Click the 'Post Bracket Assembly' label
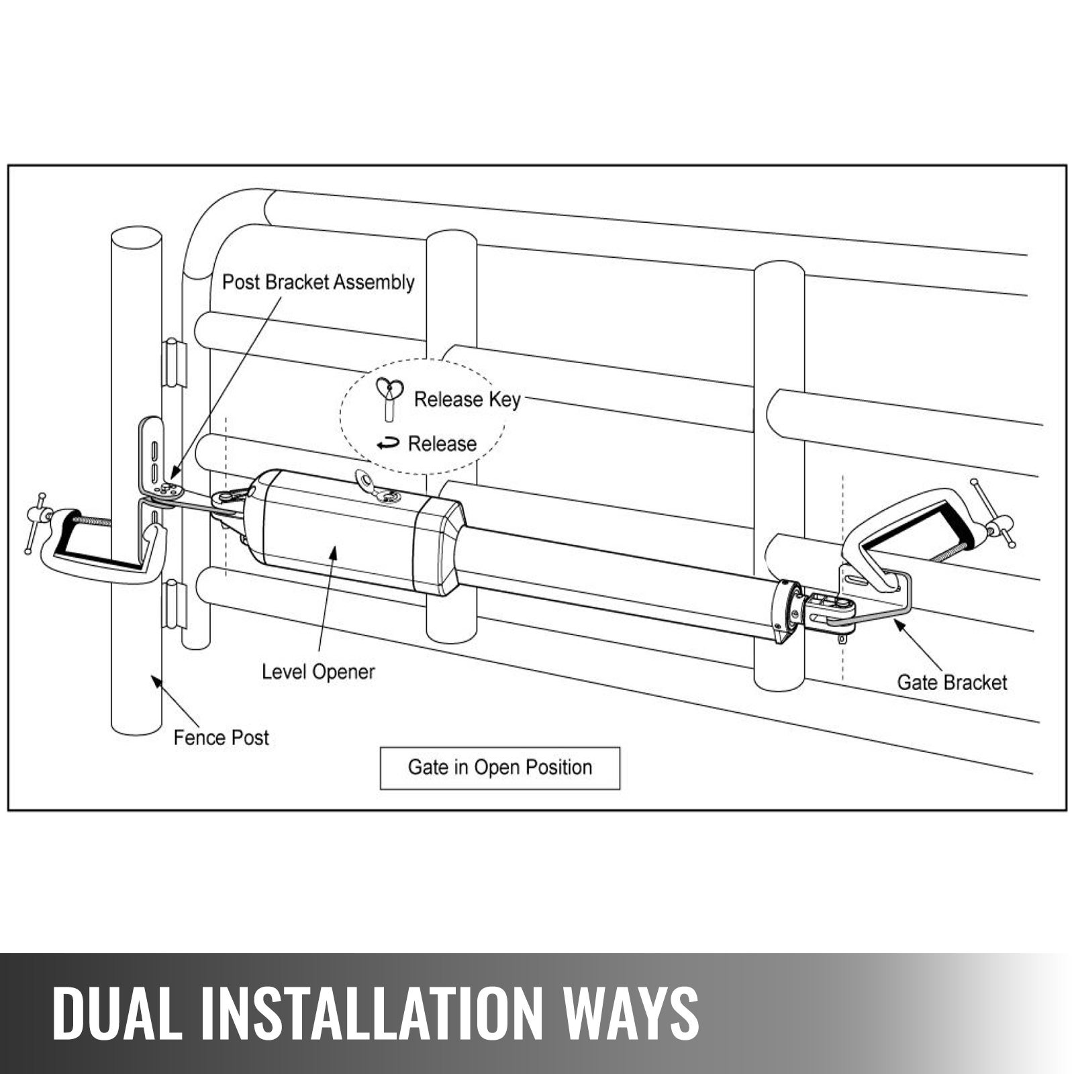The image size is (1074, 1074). [x=318, y=282]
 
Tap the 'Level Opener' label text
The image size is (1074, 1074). [x=318, y=671]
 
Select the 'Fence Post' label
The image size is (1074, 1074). [x=221, y=738]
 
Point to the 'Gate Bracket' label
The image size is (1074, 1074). [x=952, y=683]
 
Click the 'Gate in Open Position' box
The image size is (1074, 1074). [x=499, y=767]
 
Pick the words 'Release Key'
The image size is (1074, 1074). [x=467, y=399]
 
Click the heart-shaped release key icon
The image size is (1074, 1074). [x=389, y=389]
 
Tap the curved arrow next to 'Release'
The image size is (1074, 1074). [x=388, y=444]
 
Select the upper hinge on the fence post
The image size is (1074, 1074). [x=174, y=363]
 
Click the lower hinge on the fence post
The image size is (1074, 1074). [x=174, y=604]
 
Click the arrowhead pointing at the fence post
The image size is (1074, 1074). [x=156, y=682]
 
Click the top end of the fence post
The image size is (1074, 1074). [x=136, y=238]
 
